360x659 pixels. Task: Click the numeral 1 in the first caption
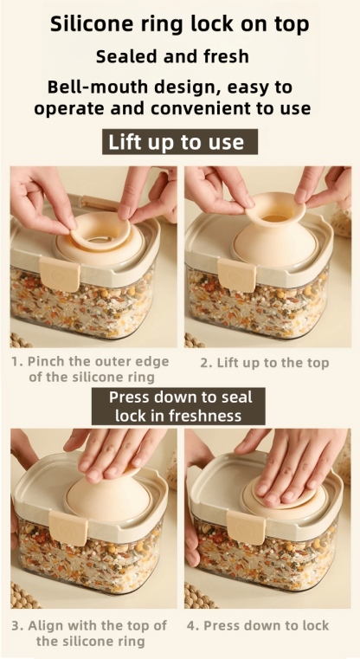coord(16,361)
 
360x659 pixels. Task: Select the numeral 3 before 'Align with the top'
coord(16,625)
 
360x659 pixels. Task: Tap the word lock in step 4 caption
coord(313,625)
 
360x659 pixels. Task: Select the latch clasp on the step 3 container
coord(67,529)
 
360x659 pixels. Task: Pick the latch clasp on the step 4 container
coord(245,527)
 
